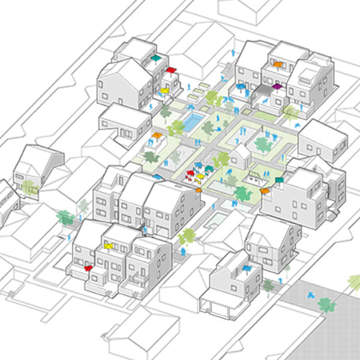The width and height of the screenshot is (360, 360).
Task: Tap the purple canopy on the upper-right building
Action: click(x=277, y=86)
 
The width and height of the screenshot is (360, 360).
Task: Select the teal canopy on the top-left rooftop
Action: click(x=157, y=58)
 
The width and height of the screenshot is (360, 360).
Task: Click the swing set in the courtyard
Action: click(x=254, y=176)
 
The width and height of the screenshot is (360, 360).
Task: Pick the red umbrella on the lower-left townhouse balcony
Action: click(x=89, y=268)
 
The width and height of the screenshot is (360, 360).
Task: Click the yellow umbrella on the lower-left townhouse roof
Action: click(x=109, y=245)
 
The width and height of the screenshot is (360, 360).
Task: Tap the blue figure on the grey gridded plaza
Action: click(x=311, y=295)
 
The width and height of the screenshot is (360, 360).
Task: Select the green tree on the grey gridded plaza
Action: click(x=327, y=305)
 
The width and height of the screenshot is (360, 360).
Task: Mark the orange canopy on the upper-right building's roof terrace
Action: click(x=277, y=62)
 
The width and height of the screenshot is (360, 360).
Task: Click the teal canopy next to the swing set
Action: click(x=278, y=179)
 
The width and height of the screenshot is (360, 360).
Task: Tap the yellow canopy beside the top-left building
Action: click(x=163, y=91)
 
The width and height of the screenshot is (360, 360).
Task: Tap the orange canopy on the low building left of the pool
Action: click(x=157, y=136)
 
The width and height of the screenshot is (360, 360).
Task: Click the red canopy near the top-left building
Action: click(x=171, y=70)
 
